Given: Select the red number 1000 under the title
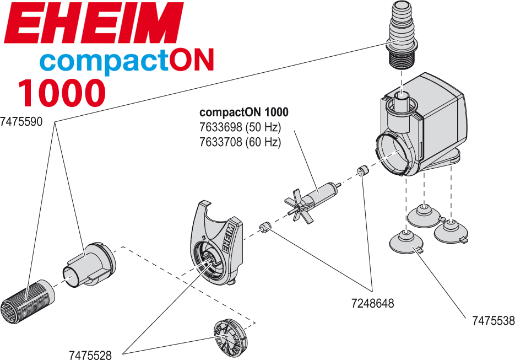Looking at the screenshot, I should tap(61, 92).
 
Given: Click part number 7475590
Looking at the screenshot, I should tap(21, 121).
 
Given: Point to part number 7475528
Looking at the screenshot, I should tap(90, 355).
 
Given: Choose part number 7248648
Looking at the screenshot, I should tap(373, 303).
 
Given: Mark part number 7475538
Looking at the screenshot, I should tap(493, 321).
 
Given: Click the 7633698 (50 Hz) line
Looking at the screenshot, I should tap(240, 127).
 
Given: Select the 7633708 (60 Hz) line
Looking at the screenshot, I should tap(240, 142).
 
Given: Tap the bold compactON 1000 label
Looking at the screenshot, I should tap(243, 112).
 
